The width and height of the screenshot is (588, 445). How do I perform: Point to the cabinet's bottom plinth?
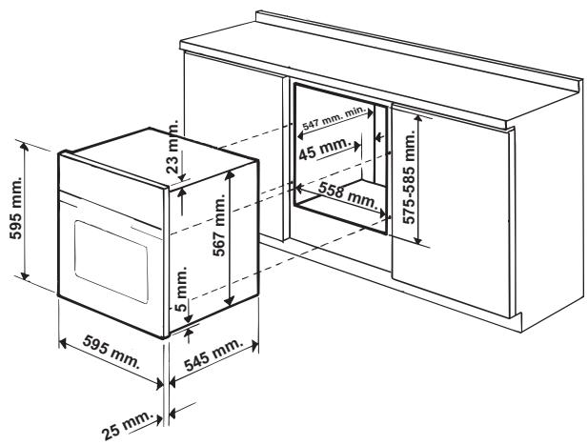(x=448, y=305)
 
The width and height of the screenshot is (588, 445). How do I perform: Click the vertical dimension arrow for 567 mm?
(x=229, y=238)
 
